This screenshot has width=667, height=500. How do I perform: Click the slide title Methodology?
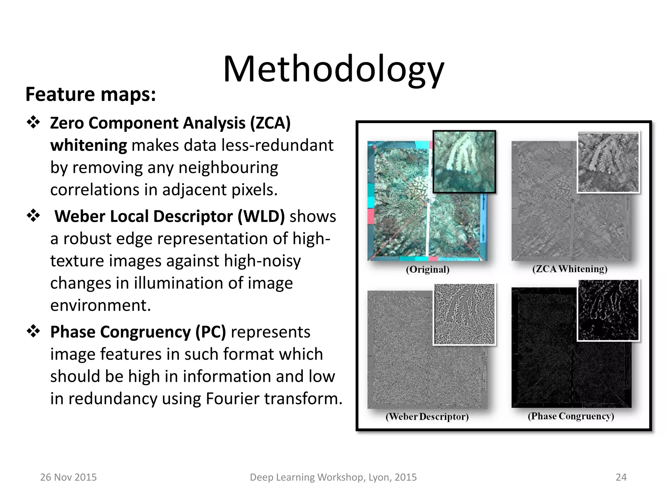coord(333,69)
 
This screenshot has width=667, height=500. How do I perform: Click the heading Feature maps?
coord(91,94)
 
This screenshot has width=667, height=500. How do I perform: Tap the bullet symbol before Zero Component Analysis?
coord(33,122)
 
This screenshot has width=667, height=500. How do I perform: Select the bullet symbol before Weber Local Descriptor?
coord(33,215)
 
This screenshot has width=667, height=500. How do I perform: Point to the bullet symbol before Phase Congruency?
coord(33,331)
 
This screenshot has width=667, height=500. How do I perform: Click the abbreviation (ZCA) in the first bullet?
coord(270,123)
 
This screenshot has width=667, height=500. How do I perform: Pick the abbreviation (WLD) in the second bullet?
coord(261,216)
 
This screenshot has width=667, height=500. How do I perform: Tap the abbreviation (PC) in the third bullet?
coord(210,332)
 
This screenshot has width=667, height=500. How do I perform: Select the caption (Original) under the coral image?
coord(428,270)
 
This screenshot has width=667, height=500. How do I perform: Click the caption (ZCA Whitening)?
coord(570,269)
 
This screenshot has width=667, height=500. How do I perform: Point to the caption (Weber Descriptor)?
coord(427,417)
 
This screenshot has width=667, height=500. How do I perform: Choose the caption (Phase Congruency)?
coord(571,416)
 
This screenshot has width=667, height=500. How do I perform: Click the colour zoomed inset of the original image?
coord(464,162)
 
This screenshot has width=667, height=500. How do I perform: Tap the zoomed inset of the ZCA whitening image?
coord(608,162)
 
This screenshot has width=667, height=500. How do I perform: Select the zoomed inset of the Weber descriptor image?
coord(464,314)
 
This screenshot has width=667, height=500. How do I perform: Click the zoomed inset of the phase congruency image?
coord(608,310)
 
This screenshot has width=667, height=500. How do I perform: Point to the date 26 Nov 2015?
coord(68,477)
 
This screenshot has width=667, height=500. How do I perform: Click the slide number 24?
coord(621,477)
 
